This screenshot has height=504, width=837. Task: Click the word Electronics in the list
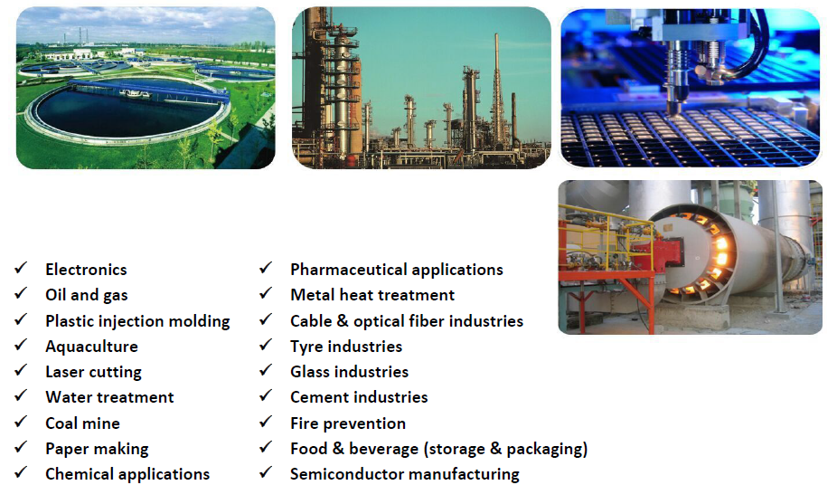coord(86,270)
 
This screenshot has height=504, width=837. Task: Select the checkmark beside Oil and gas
coord(21,293)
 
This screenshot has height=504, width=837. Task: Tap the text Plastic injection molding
coord(137,321)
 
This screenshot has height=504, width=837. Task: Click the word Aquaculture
coord(92,347)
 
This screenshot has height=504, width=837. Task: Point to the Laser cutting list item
coord(93,372)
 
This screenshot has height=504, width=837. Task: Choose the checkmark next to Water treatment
coord(21,395)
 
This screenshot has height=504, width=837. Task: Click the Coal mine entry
coord(83,423)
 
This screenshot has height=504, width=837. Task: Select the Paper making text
coord(97,449)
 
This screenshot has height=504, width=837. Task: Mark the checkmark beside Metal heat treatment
coord(266,293)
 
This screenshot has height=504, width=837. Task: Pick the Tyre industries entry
coord(346,347)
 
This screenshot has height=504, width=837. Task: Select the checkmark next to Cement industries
coord(266,395)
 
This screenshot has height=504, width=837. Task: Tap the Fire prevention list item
coord(348,423)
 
